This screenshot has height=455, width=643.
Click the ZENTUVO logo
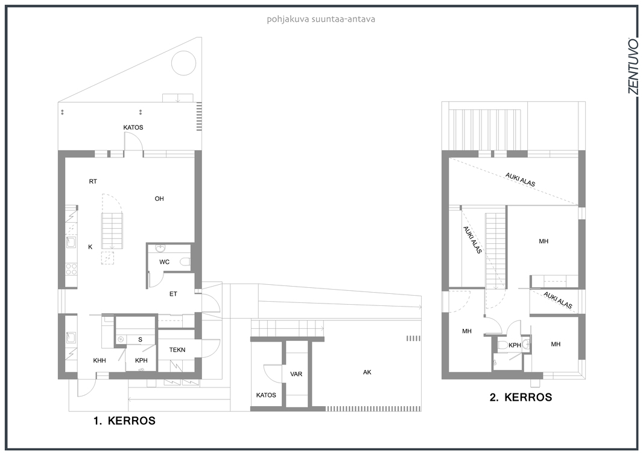click(x=633, y=66)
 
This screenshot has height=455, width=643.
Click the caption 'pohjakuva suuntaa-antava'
click(x=321, y=19)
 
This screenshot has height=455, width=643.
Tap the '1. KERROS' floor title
click(x=125, y=421)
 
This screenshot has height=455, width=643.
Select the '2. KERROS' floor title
click(x=521, y=397)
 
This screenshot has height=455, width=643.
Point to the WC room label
click(x=165, y=262)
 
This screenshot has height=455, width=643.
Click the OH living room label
click(x=159, y=199)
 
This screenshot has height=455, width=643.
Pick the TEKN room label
click(x=177, y=350)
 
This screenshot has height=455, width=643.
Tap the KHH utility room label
click(x=100, y=361)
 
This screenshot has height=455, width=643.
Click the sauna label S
click(x=141, y=340)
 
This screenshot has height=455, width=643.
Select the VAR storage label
click(x=296, y=374)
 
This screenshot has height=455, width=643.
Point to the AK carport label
click(x=367, y=372)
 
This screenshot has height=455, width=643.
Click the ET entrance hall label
click(x=174, y=294)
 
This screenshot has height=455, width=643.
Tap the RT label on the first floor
click(x=93, y=182)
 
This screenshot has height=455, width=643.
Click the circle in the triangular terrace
click(x=183, y=63)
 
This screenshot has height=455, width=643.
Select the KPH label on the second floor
click(x=515, y=345)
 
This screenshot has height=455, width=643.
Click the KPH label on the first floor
click(x=142, y=361)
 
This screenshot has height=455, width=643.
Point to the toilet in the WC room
click(x=185, y=262)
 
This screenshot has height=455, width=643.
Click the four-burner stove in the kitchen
click(x=71, y=269)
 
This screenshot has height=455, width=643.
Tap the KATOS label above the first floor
click(x=133, y=127)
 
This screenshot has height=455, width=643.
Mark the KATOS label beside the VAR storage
click(x=266, y=395)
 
